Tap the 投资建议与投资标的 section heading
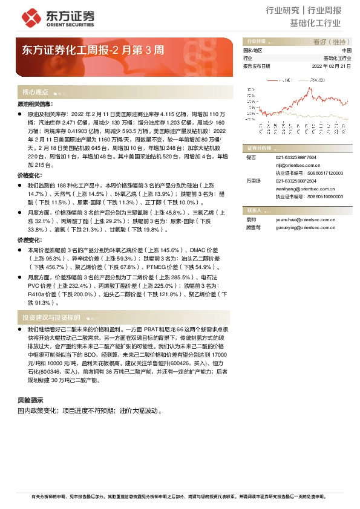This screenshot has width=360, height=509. [x=51, y=317]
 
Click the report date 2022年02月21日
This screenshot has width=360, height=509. [x=331, y=65]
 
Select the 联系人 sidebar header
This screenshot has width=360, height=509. [x=254, y=210]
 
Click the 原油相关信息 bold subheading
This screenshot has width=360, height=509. [x=35, y=105]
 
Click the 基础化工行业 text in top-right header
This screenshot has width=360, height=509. [x=315, y=24]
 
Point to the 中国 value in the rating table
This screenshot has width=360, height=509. [x=346, y=50]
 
